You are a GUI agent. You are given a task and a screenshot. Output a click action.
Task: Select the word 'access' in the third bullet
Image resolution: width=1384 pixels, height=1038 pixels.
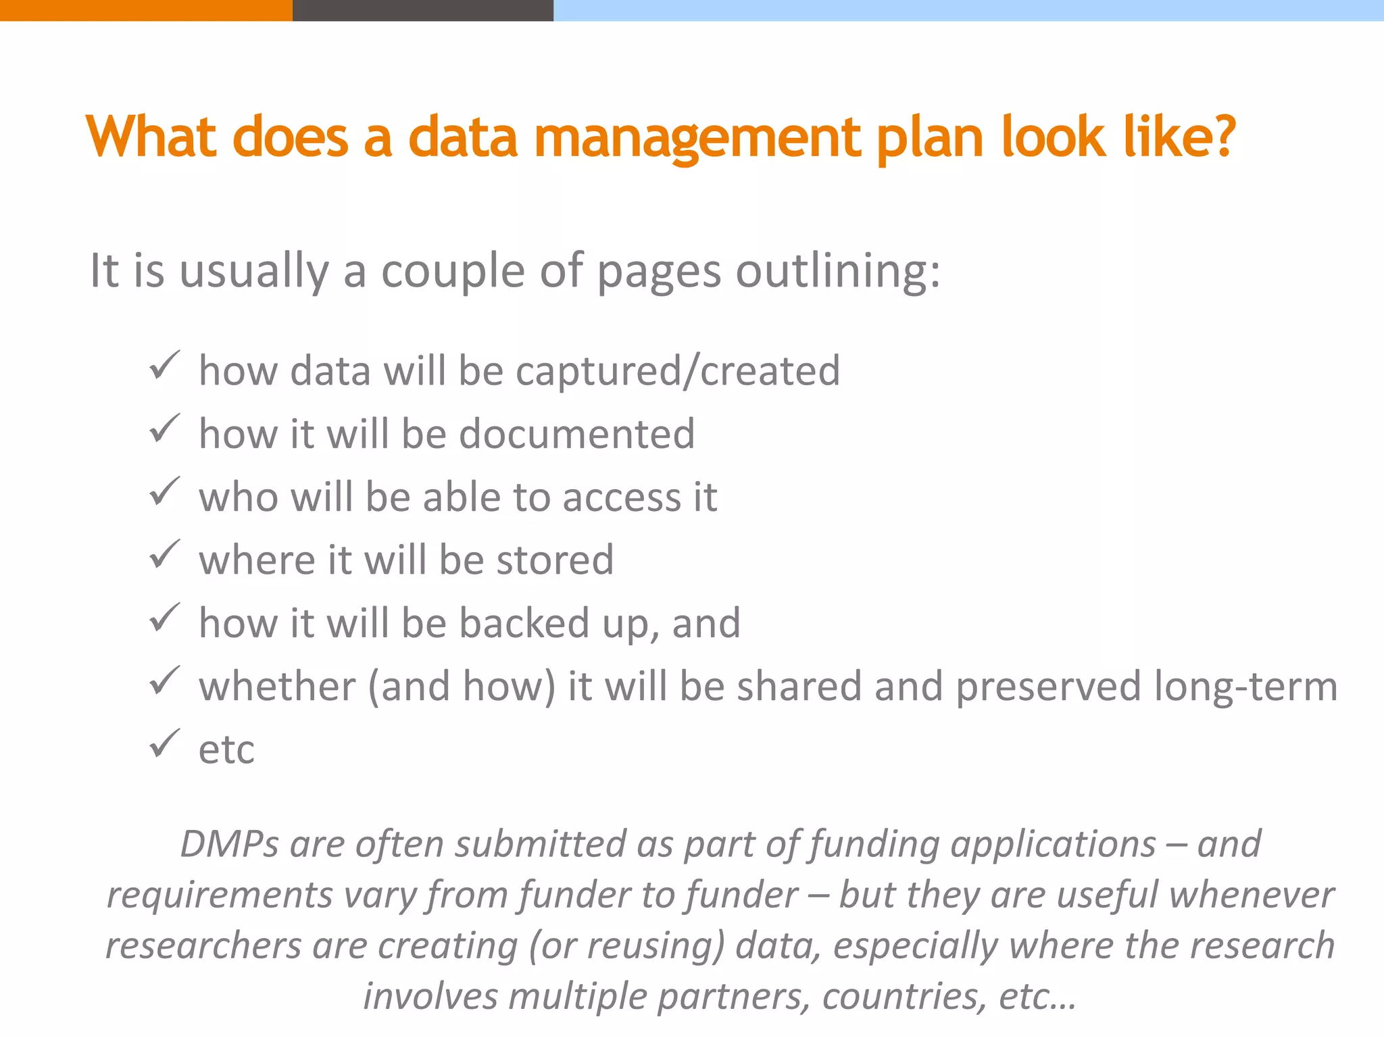(x=621, y=497)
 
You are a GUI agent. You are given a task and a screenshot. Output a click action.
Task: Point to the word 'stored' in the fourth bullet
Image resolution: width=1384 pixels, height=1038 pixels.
(x=554, y=560)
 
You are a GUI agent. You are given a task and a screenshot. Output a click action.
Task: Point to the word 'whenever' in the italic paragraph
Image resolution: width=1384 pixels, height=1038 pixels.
(x=1252, y=895)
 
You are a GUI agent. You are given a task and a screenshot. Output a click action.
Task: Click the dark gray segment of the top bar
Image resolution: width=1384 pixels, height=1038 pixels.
(x=423, y=10)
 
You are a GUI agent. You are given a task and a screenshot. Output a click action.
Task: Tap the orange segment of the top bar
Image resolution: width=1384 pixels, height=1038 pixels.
(x=146, y=10)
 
